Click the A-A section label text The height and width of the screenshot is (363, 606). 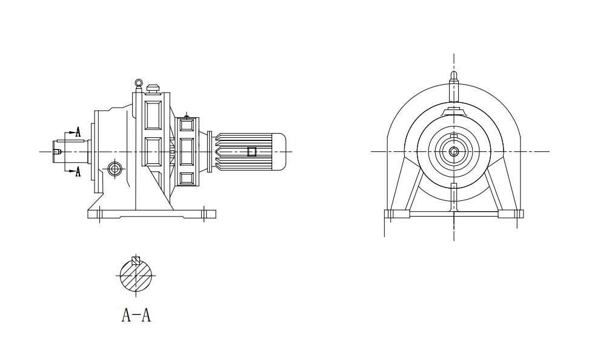click(x=136, y=315)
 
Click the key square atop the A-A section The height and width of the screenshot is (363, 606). click(x=136, y=261)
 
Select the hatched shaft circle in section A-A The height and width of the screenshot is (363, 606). click(x=136, y=276)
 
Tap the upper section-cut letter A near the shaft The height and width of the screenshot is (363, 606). click(x=78, y=132)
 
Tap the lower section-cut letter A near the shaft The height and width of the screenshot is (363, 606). click(x=78, y=172)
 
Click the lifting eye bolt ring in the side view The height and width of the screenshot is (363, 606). click(x=139, y=83)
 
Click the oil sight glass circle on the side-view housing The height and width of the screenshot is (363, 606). click(x=114, y=169)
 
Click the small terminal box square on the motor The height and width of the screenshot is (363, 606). click(x=251, y=151)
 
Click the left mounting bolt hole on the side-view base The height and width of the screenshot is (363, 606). click(x=99, y=213)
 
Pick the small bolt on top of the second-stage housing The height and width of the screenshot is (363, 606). click(x=187, y=116)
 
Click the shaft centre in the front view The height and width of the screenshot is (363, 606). click(x=453, y=151)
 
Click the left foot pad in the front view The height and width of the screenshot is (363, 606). click(x=398, y=214)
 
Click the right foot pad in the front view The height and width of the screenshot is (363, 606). click(x=510, y=214)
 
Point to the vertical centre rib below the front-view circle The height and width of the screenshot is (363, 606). click(x=453, y=197)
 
